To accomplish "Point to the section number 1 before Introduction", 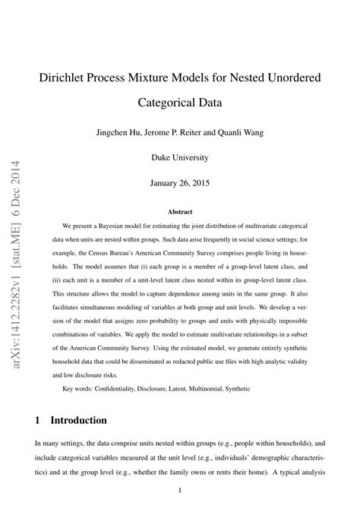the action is tap(38, 420).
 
